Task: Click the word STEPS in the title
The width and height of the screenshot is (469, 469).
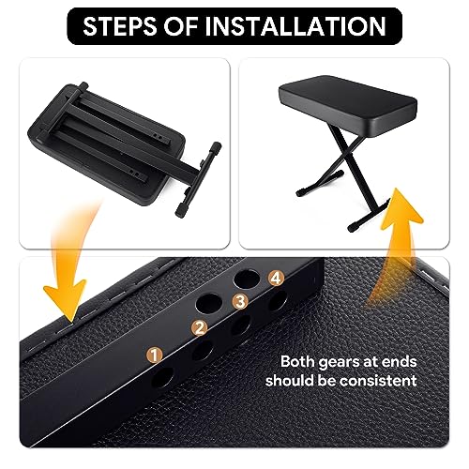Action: [x=120, y=26]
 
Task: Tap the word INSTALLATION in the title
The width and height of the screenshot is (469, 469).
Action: [x=295, y=26]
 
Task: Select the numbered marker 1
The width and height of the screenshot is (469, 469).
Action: [x=154, y=356]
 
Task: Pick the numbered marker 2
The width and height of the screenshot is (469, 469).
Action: [x=200, y=328]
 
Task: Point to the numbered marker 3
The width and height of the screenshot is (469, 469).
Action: [x=240, y=302]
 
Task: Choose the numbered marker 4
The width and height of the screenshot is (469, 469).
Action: [x=276, y=279]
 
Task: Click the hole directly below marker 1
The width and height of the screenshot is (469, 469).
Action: [x=162, y=378]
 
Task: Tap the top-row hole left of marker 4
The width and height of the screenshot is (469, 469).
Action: [x=247, y=278]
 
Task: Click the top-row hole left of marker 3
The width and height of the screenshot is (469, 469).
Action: [x=208, y=303]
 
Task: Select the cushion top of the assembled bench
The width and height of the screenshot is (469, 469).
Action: [x=348, y=97]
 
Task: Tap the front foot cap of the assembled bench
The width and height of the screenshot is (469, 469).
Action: [x=353, y=228]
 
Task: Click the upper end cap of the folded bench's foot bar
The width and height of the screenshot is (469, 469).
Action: [x=217, y=146]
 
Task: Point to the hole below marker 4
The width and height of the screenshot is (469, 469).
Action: [x=278, y=300]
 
